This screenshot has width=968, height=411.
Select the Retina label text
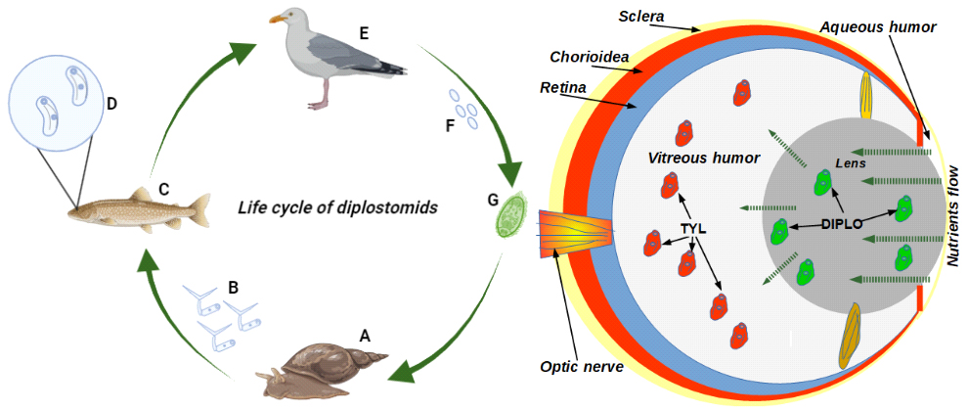563,88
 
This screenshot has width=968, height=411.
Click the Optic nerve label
582,366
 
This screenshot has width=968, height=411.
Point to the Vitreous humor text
694,157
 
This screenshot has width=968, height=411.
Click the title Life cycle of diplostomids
337,207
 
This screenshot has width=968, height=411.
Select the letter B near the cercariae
233,288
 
